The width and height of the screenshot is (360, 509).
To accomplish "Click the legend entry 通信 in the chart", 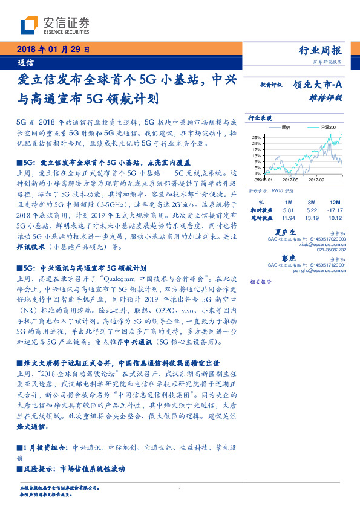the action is pyautogui.click(x=286, y=128).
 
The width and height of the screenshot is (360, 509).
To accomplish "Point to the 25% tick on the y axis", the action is pyautogui.click(x=257, y=137).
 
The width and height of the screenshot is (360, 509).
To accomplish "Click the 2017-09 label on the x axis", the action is pyautogui.click(x=316, y=180).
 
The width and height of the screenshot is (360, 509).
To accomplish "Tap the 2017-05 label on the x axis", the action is pyautogui.click(x=290, y=180).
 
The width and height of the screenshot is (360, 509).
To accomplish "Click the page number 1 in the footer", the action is pyautogui.click(x=180, y=490).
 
